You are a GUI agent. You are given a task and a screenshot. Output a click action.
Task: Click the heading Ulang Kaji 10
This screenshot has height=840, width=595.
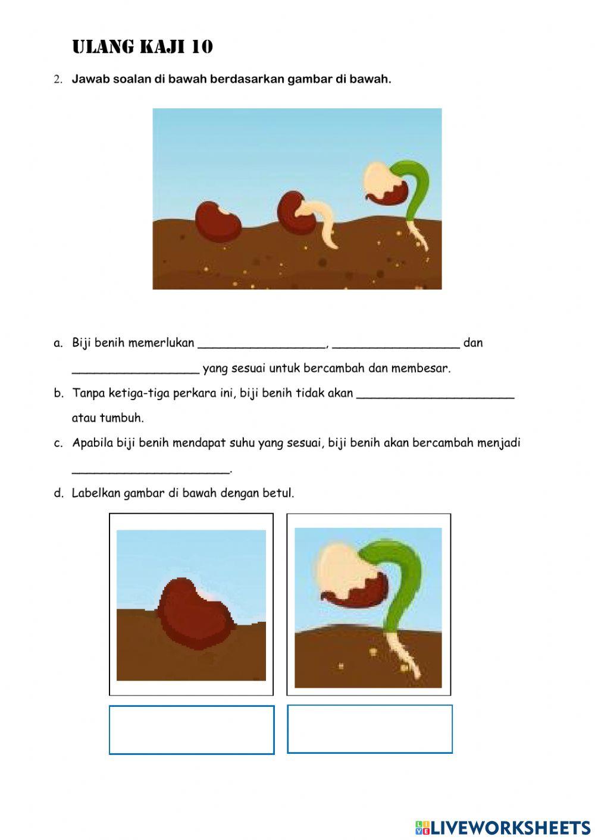click(142, 47)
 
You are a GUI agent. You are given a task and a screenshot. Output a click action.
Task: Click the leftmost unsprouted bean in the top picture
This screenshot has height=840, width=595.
click(218, 221)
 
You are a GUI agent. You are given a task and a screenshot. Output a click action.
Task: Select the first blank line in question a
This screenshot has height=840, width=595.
click(262, 343)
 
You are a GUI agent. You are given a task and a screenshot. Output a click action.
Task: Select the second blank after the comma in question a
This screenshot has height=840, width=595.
click(396, 343)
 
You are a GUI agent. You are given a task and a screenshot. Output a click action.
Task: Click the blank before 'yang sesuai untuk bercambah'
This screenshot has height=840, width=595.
click(136, 369)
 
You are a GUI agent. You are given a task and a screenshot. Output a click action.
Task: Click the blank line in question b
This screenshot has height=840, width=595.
click(435, 394)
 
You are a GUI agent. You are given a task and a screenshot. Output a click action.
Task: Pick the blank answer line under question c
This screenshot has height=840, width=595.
click(151, 469)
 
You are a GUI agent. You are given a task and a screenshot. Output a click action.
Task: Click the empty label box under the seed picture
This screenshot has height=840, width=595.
click(192, 729)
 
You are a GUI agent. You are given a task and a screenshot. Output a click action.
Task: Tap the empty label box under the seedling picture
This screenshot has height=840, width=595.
click(369, 729)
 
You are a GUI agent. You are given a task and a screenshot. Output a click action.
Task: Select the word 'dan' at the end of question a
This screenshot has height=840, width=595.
click(473, 343)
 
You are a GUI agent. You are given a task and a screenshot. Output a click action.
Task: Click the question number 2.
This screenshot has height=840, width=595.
click(57, 79)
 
